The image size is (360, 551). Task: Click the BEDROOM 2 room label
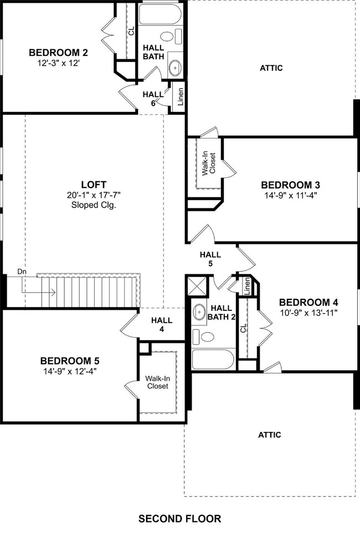58,53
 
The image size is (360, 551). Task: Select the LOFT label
93,185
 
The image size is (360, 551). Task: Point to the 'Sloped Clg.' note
93,205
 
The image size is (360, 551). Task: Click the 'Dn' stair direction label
22,272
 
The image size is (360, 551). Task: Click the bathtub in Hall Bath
160,15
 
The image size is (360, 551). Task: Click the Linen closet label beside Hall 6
180,98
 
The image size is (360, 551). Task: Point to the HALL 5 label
210,259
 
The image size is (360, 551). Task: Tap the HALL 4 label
162,324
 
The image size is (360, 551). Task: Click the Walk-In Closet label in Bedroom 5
157,382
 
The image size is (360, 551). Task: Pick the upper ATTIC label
271,68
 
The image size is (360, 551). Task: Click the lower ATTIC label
269,435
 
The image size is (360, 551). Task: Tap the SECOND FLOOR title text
179,519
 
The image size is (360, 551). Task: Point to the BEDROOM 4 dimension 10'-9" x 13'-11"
308,312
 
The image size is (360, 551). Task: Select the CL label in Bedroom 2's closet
131,31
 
